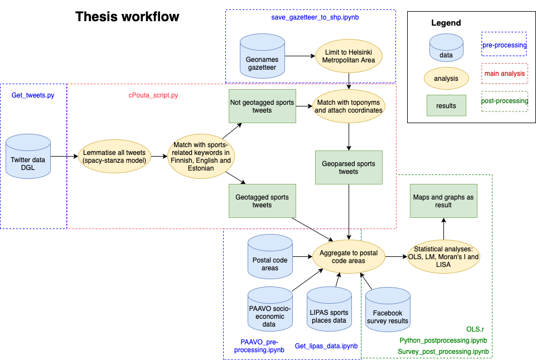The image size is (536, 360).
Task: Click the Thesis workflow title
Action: pyautogui.click(x=127, y=17)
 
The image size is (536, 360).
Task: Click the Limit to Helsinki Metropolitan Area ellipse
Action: pyautogui.click(x=349, y=56)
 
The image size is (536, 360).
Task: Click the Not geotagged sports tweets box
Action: pyautogui.click(x=262, y=106)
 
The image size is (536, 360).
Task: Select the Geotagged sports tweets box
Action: pyautogui.click(x=262, y=201)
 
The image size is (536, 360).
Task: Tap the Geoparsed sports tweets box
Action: pyautogui.click(x=349, y=167)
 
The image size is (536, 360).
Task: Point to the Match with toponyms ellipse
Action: pyautogui.click(x=349, y=106)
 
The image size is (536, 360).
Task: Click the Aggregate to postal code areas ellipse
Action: pyautogui.click(x=349, y=257)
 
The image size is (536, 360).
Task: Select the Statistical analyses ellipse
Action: pyautogui.click(x=443, y=257)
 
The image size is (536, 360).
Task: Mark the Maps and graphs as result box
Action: pyautogui.click(x=443, y=201)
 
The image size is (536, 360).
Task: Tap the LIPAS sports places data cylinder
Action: pyautogui.click(x=329, y=311)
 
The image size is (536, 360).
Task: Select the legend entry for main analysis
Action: pyautogui.click(x=504, y=73)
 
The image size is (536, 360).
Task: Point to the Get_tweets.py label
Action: pyautogui.click(x=33, y=95)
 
